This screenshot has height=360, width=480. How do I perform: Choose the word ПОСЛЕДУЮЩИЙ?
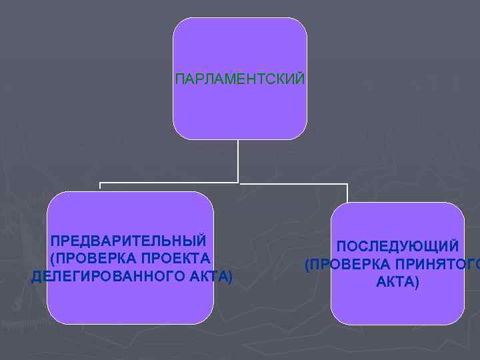(397, 247)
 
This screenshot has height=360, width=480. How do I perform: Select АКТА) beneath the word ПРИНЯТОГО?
(398, 282)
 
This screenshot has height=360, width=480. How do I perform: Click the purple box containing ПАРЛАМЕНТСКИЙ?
(240, 47)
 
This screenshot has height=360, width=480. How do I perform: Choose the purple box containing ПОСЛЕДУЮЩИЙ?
(397, 307)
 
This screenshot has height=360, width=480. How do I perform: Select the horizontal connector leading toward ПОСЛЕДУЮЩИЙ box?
(293, 183)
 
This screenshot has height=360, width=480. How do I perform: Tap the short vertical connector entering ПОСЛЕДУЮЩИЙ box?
(347, 193)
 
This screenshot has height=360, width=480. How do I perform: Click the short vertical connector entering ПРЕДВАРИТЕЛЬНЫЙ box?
(100, 187)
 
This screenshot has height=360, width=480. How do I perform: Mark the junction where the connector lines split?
(239, 182)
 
